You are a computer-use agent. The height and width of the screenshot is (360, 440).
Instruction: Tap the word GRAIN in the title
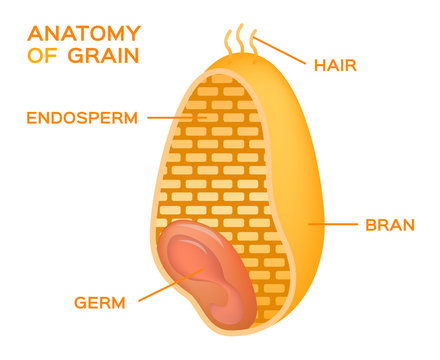pyautogui.click(x=105, y=54)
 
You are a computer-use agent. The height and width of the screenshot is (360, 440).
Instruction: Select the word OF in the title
pyautogui.click(x=45, y=54)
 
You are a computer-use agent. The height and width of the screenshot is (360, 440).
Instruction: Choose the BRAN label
pyautogui.click(x=390, y=224)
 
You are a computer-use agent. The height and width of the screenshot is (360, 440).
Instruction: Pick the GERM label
pyautogui.click(x=100, y=302)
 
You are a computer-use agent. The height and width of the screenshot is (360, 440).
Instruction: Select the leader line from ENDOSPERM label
pyautogui.click(x=176, y=117)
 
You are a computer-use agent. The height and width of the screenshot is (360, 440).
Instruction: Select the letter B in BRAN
pyautogui.click(x=370, y=224)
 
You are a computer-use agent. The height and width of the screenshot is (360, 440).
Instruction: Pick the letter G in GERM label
pyautogui.click(x=81, y=302)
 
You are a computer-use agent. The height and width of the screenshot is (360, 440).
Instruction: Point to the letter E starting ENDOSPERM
pyautogui.click(x=31, y=117)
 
